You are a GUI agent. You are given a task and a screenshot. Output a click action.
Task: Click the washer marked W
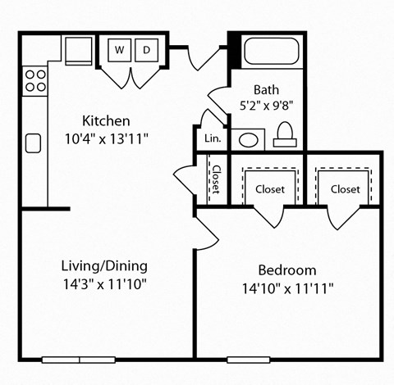tap(120, 51)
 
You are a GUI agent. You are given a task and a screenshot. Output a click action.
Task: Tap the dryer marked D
tap(147, 51)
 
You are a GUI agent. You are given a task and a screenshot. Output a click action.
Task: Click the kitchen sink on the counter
tap(34, 143)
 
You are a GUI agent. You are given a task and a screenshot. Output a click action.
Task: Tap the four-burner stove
tap(34, 79)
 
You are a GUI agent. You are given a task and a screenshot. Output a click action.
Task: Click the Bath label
tap(266, 89)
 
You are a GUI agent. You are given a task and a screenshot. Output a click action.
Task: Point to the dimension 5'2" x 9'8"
tap(266, 104)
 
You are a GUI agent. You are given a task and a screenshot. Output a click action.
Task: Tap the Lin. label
tap(211, 139)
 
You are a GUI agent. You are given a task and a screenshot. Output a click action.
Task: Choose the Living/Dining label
tap(105, 265)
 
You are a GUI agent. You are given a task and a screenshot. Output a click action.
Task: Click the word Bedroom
tap(287, 271)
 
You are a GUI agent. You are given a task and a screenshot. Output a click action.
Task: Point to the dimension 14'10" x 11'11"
tap(287, 288)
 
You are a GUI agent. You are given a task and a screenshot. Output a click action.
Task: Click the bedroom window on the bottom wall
tap(250, 359)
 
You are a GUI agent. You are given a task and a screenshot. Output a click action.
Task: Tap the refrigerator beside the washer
tap(80, 49)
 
